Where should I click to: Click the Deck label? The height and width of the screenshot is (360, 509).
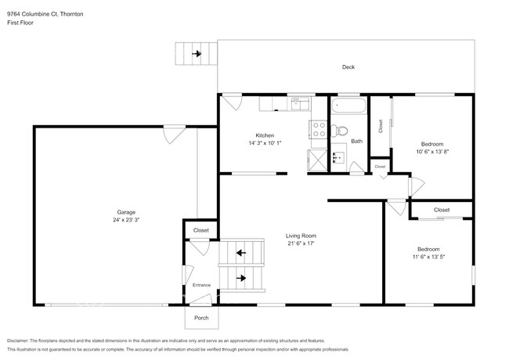coord(348,67)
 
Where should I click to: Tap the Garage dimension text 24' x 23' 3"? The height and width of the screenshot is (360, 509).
coord(127,221)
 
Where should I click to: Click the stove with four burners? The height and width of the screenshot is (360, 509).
coord(319,129)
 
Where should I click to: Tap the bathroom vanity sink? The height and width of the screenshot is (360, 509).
coord(340,157)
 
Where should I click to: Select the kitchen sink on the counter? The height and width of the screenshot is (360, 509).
coord(301,104)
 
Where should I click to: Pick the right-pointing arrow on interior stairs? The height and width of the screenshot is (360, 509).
coord(241,278)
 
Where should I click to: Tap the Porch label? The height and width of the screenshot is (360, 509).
coord(201,318)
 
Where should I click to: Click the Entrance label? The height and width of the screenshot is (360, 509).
coord(201,285)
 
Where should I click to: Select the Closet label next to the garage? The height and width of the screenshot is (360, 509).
coord(201,230)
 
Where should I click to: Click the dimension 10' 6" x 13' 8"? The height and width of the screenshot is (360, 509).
coord(432,152)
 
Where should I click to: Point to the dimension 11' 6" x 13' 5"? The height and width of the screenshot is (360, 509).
coord(428,257)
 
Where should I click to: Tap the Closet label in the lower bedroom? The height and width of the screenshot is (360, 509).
coord(442,210)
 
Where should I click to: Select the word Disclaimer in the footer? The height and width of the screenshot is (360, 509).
coord(22,341)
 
